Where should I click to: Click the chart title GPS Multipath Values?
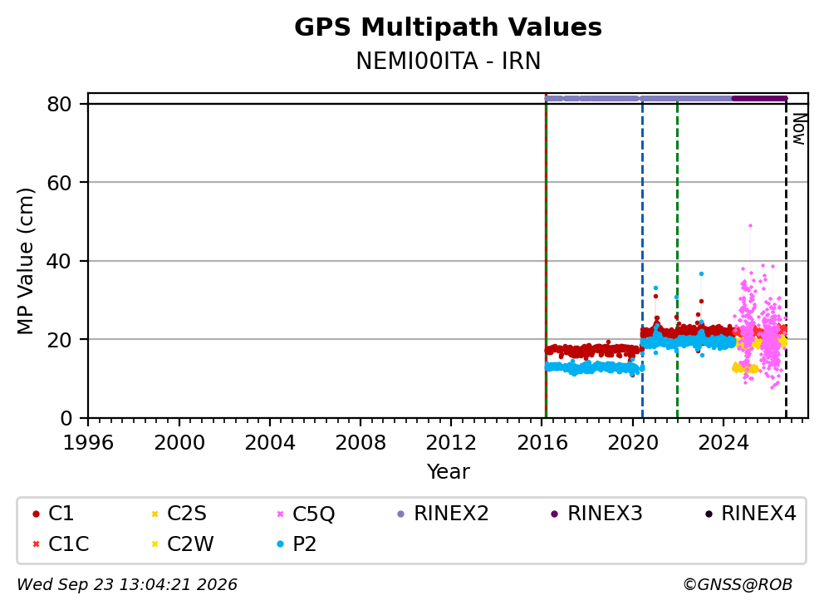point(448,27)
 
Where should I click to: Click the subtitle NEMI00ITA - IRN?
point(448,61)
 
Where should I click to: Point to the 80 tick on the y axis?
point(59,104)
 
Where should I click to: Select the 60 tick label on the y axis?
point(59,183)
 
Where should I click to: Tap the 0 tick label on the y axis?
point(66,418)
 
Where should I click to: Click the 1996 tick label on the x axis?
point(88,443)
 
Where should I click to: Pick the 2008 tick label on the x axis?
point(360,443)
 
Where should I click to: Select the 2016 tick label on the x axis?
point(542,443)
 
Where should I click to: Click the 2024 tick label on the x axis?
point(723,443)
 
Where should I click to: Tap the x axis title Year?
point(448,472)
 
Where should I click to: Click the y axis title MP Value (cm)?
point(25,261)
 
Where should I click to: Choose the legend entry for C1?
point(53,514)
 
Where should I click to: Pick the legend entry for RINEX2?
point(443,514)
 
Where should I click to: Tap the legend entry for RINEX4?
point(750,514)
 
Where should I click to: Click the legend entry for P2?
point(297,544)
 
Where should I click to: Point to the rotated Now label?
point(799,130)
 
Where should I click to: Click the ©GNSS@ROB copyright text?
point(738,584)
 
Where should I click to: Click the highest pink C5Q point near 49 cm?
point(750,225)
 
